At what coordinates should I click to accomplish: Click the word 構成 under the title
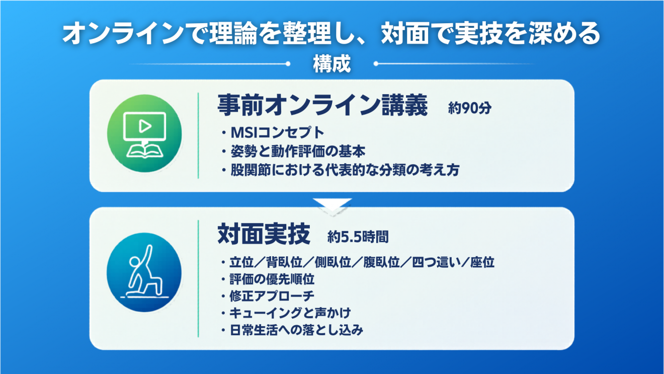pyautogui.click(x=332, y=64)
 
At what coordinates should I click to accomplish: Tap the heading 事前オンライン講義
pyautogui.click(x=323, y=105)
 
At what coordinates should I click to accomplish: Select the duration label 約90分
pyautogui.click(x=470, y=108)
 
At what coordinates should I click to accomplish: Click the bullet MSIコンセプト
pyautogui.click(x=278, y=132)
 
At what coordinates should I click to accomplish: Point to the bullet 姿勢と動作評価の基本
pyautogui.click(x=298, y=151)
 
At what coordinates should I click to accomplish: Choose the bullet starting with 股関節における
pyautogui.click(x=345, y=170)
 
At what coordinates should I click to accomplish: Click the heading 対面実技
pyautogui.click(x=264, y=234)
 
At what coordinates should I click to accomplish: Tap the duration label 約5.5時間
pyautogui.click(x=358, y=237)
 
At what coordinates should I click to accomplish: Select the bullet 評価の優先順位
pyautogui.click(x=272, y=279)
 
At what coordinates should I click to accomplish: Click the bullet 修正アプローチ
pyautogui.click(x=272, y=295)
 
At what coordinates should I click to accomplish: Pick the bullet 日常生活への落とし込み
pyautogui.click(x=296, y=330)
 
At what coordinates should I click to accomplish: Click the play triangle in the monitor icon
pyautogui.click(x=145, y=126)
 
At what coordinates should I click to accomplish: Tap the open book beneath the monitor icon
pyautogui.click(x=144, y=151)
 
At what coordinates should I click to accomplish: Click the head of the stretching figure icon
pyautogui.click(x=134, y=262)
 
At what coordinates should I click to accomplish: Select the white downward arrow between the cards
pyautogui.click(x=333, y=205)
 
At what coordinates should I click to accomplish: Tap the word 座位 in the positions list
pyautogui.click(x=482, y=262)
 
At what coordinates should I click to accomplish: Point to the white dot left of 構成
pyautogui.click(x=288, y=64)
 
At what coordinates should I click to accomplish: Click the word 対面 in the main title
pyautogui.click(x=404, y=33)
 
